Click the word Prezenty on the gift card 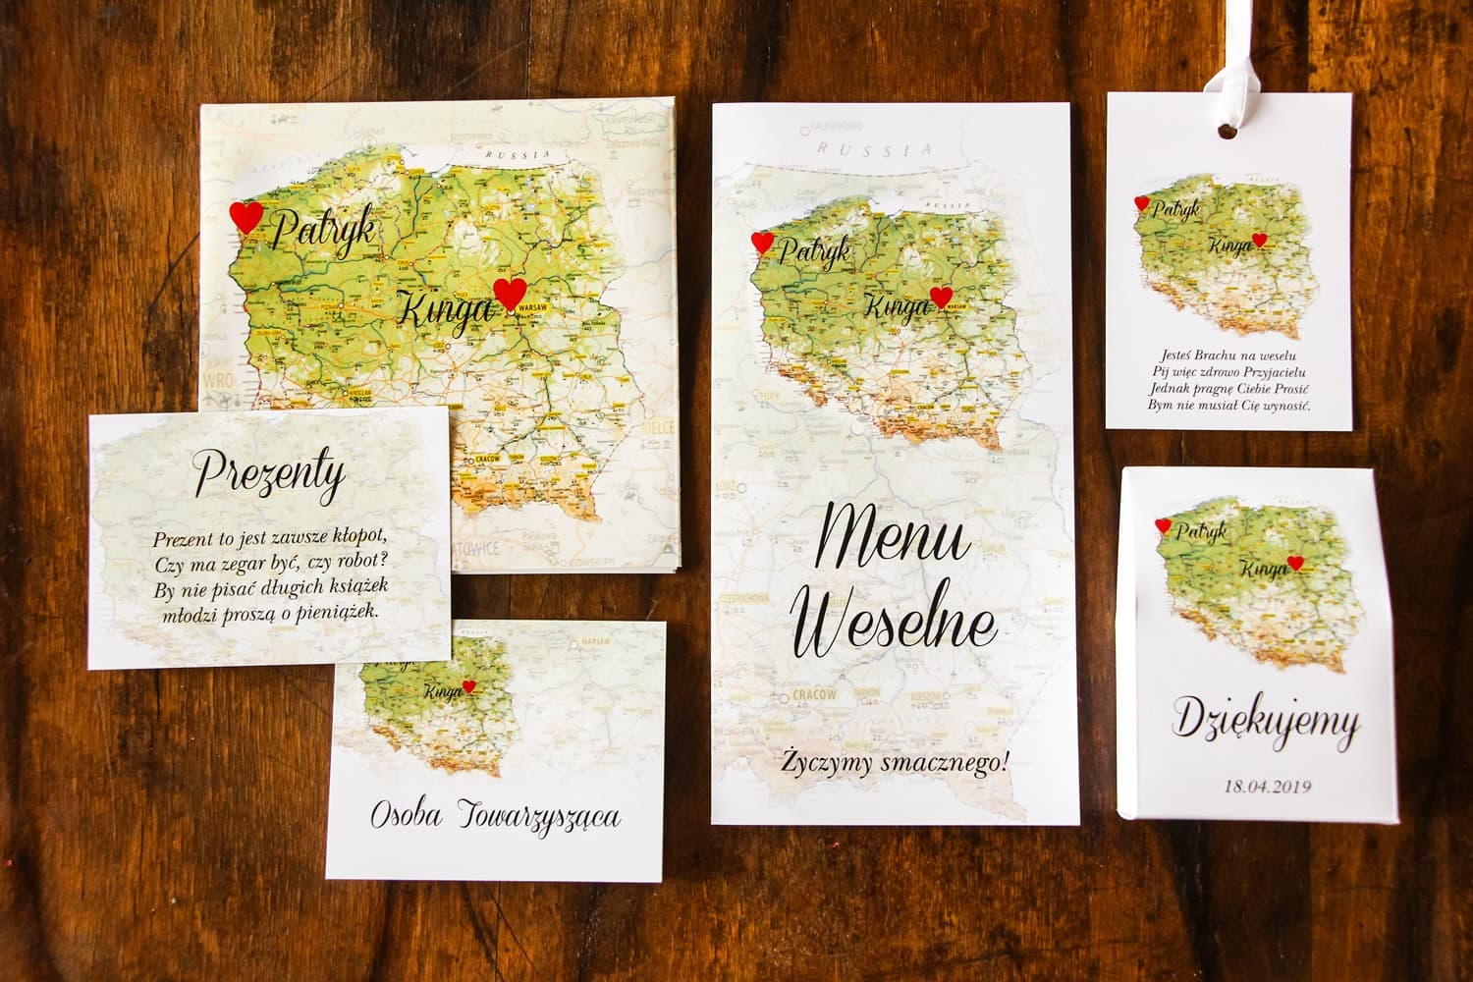pyautogui.click(x=268, y=477)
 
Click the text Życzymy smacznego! pyautogui.click(x=895, y=764)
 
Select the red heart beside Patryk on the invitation pyautogui.click(x=246, y=217)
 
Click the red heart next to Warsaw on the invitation pyautogui.click(x=509, y=294)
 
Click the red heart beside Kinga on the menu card pyautogui.click(x=940, y=297)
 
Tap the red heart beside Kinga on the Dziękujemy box pyautogui.click(x=1295, y=563)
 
